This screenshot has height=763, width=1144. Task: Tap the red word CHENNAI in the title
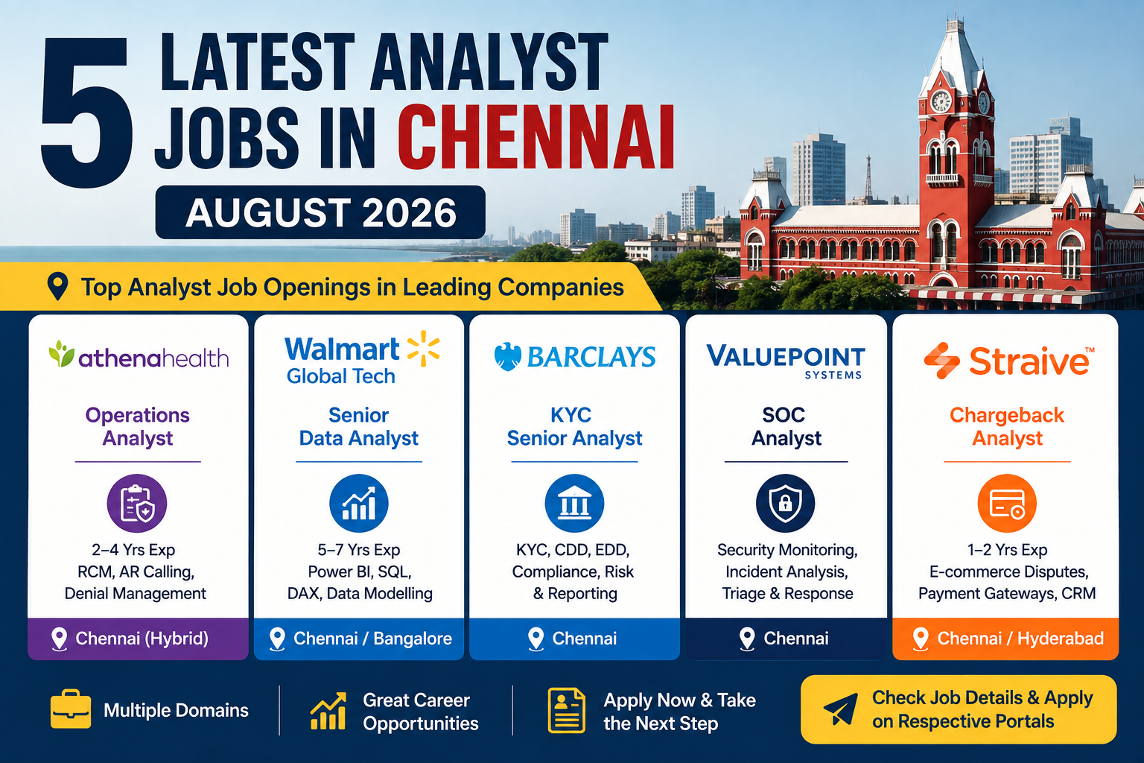(536, 137)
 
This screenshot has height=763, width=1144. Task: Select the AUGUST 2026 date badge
(320, 212)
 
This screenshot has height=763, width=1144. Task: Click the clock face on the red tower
(941, 101)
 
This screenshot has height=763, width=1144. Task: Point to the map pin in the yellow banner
(57, 286)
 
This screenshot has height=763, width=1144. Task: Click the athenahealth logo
(139, 355)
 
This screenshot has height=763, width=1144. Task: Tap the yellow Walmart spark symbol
(423, 349)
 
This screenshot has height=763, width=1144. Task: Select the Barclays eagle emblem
(508, 356)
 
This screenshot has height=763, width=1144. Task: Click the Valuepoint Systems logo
(786, 361)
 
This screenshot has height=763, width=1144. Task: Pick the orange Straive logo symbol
(941, 361)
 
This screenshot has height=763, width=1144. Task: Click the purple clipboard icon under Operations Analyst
(137, 504)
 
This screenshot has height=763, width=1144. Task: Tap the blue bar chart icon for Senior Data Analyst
(359, 504)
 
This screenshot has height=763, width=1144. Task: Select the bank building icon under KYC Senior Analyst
(574, 504)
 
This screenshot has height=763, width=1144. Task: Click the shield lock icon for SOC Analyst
(786, 504)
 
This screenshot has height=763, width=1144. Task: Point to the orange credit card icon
(1007, 504)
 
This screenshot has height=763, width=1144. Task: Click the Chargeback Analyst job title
(1007, 426)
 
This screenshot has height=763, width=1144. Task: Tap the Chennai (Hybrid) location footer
(138, 639)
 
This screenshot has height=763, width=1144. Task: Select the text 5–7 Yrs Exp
(358, 550)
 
